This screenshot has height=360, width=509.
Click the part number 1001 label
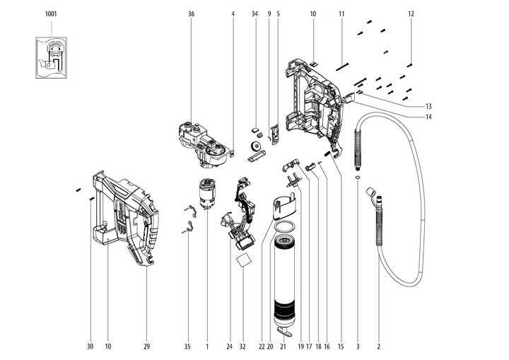(51, 14)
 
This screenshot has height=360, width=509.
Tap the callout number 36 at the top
(192, 14)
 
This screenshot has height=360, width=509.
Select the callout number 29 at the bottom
(146, 347)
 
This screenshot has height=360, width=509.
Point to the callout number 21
(283, 347)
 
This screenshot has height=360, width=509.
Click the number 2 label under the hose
(379, 347)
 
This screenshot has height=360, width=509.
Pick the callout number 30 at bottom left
(90, 347)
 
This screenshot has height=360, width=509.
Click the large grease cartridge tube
(283, 283)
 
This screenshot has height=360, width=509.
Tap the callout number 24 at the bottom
(230, 347)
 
